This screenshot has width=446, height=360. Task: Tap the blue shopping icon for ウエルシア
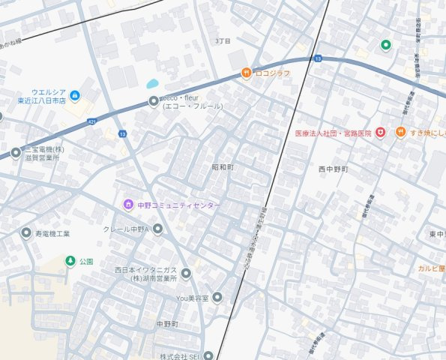(75, 96)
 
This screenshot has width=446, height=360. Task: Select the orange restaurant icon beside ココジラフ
(245, 73)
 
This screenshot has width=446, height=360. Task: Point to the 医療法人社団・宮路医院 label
(333, 133)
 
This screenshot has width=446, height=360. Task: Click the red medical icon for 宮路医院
(380, 133)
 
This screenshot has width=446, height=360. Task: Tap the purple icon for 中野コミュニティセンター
(128, 205)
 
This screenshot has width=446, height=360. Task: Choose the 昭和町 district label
(223, 166)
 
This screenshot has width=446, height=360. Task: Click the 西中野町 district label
(334, 169)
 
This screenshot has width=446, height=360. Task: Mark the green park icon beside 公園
(70, 261)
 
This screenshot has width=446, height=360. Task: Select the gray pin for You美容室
(217, 297)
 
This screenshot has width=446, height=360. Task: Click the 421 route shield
(91, 121)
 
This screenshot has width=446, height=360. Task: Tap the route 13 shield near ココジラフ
(318, 58)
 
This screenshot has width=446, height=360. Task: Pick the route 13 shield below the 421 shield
(121, 133)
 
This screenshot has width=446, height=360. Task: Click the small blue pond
(153, 84)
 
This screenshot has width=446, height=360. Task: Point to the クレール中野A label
(127, 229)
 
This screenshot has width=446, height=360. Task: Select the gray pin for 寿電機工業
(26, 233)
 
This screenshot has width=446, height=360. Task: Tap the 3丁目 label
(223, 40)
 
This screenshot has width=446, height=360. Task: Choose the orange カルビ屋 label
(432, 267)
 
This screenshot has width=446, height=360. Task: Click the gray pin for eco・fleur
(154, 101)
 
